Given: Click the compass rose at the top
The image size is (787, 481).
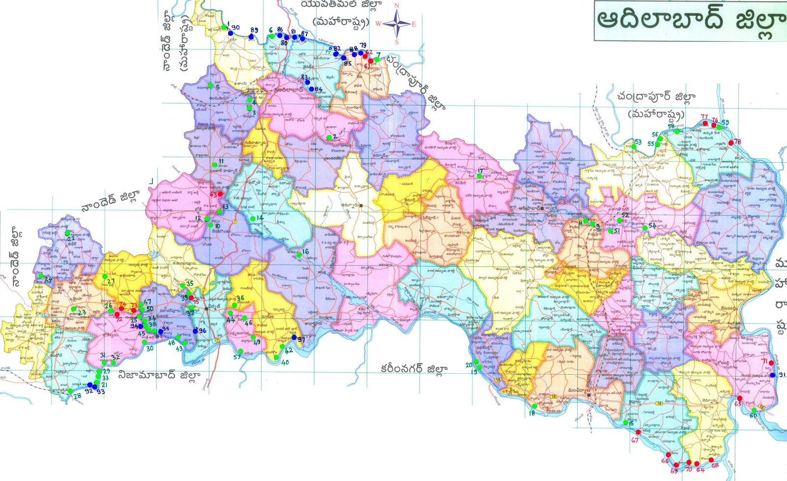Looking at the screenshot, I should tap(397, 23).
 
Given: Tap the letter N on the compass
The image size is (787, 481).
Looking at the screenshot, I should tap(397, 5).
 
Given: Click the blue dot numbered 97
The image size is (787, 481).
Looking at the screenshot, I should tap(294, 337).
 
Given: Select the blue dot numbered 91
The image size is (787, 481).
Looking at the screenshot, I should tap(772, 375).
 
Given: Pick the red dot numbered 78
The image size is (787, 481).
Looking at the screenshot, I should tap(731, 143).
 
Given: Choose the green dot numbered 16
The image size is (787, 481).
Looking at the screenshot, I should tap(298, 255).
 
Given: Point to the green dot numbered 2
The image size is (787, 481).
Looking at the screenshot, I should tap(329, 137).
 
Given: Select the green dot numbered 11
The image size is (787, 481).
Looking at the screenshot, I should tap(214, 165).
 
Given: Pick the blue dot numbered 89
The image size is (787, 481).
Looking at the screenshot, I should tap(251, 36).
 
